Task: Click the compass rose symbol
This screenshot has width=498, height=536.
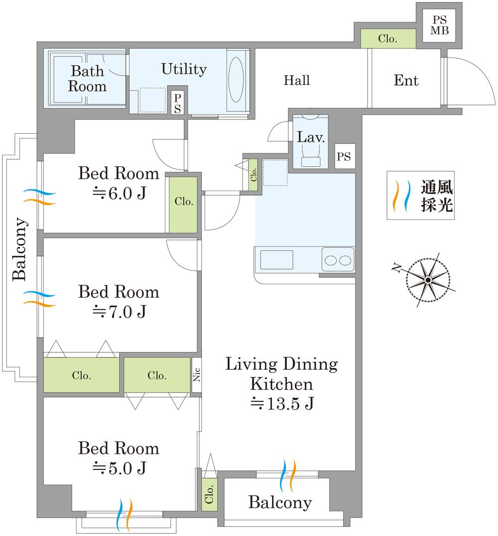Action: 427,280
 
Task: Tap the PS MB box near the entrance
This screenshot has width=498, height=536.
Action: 440,25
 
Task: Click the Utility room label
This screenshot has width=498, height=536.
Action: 184,69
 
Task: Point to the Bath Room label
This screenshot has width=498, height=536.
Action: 87,79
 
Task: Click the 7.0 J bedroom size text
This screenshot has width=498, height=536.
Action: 119,312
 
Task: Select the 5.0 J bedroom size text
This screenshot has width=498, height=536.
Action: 119,468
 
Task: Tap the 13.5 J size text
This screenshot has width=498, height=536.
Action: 281,404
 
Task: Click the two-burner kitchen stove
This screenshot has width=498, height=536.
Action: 338,259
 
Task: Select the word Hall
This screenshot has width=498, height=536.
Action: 297,80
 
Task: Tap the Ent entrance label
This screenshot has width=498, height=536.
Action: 406,80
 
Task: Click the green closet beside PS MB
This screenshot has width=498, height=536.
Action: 387,39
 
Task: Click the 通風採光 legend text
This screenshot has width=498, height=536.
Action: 437,196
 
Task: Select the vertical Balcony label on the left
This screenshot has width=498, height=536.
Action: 19,249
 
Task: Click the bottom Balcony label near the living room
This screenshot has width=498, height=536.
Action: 280,502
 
